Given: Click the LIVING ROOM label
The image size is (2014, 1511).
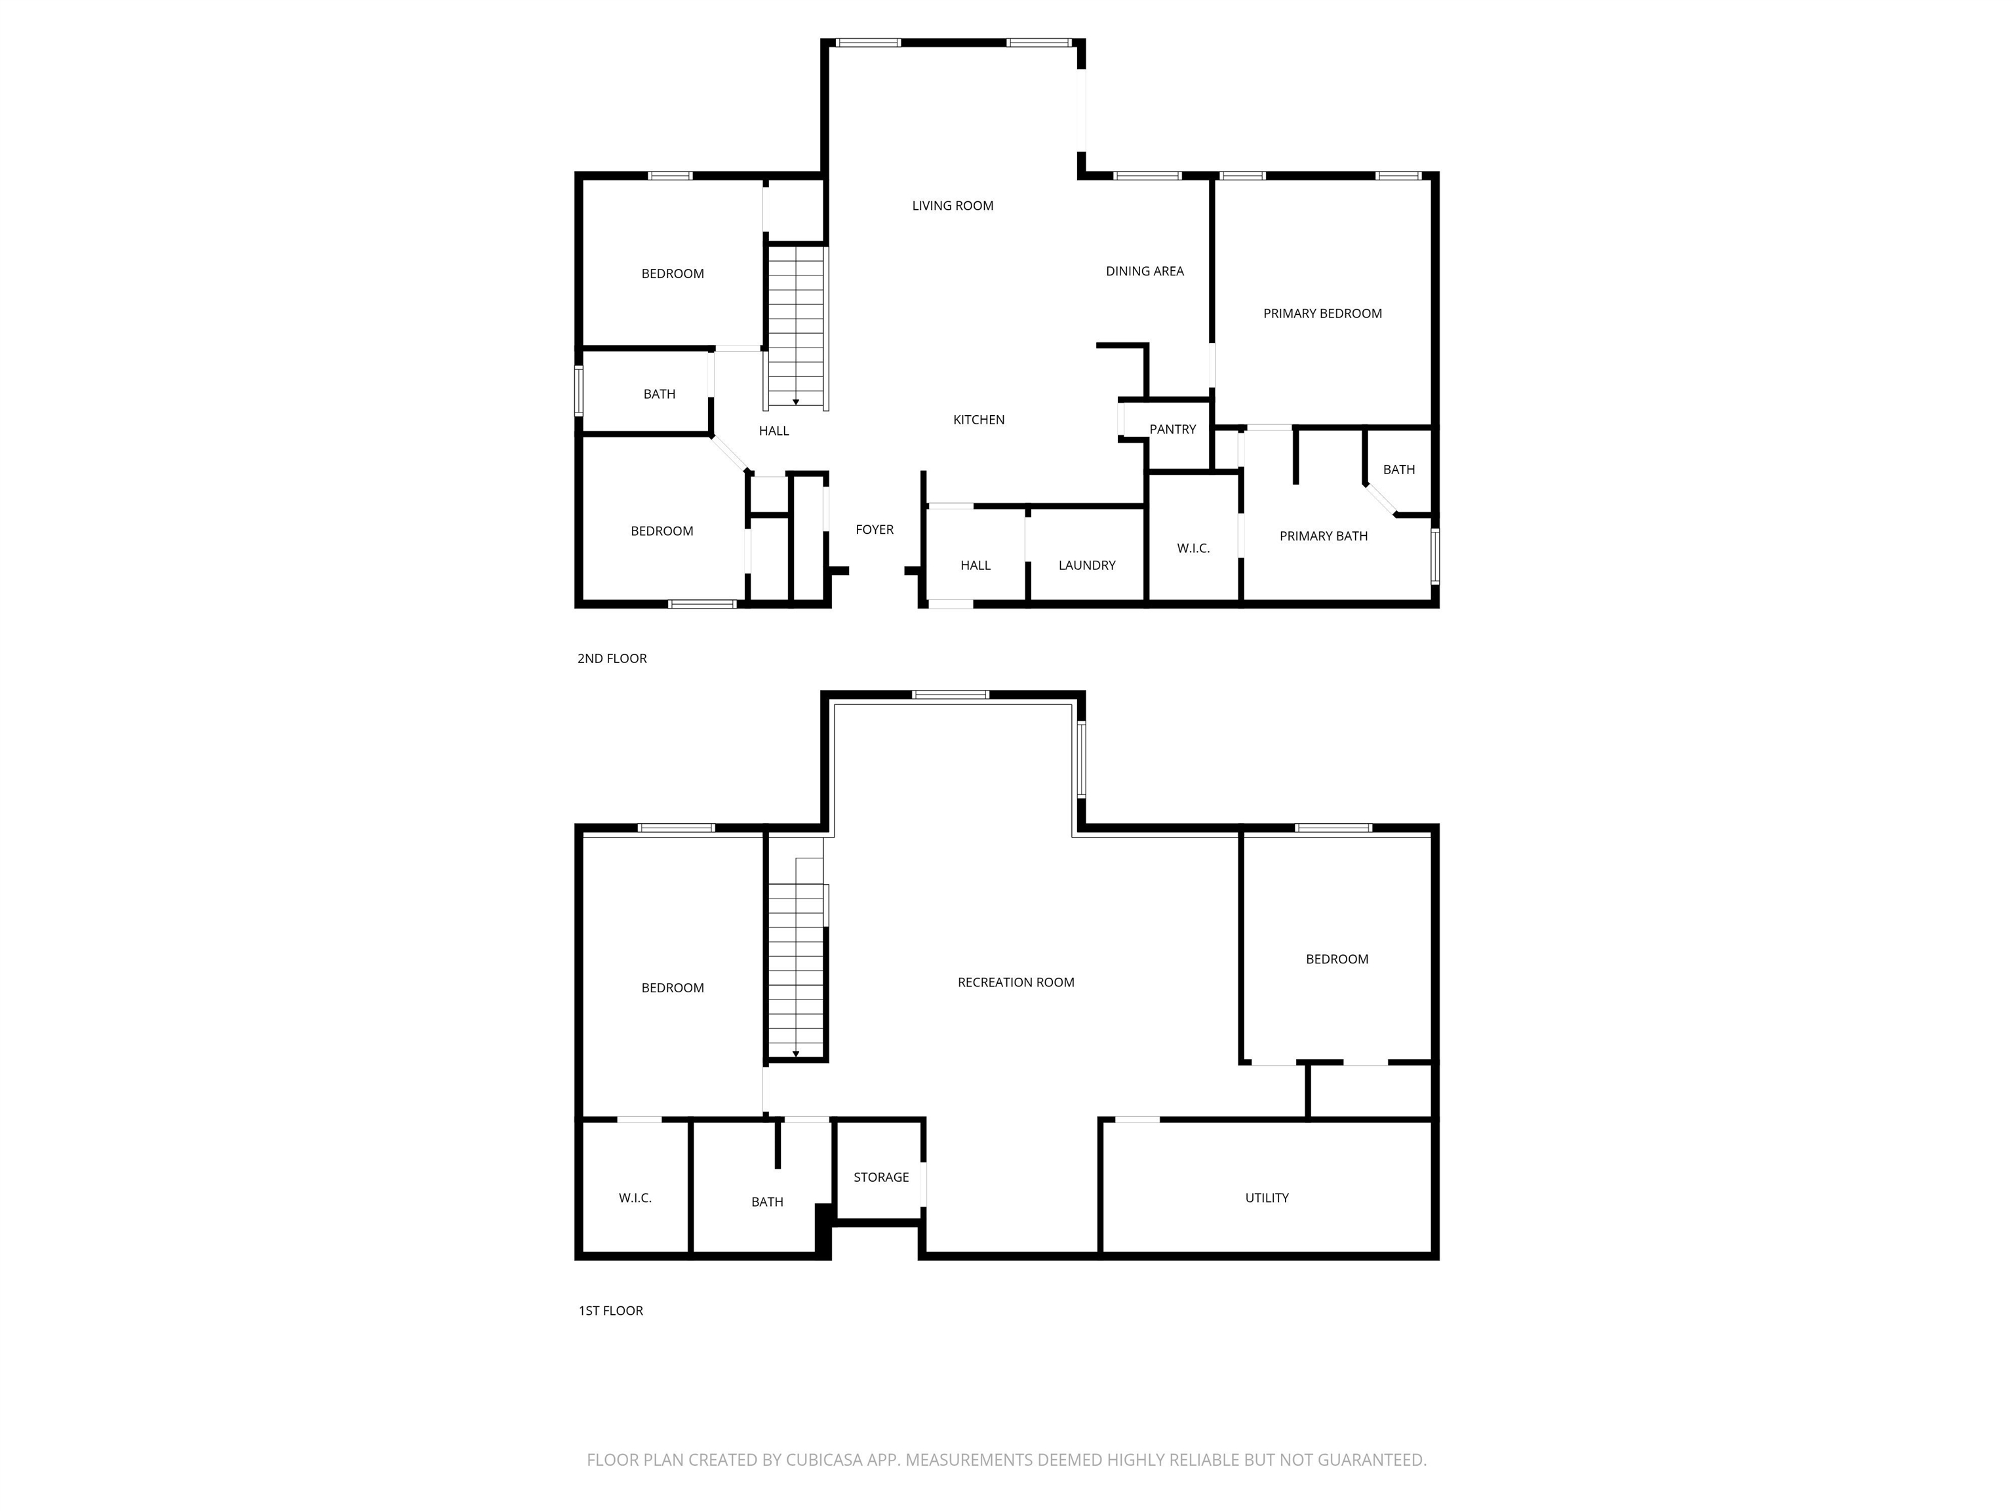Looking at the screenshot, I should point(953,206).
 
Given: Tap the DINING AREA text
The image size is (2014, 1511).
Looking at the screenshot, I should point(1145,272).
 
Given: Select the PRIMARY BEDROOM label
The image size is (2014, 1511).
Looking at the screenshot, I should point(1322,313).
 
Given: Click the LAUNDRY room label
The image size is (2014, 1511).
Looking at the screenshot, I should point(1086,565).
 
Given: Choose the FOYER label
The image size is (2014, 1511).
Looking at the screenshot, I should point(874,530).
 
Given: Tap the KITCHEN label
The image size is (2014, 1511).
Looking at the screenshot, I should point(979,420).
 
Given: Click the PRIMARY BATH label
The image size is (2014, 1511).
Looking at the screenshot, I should point(1323,536).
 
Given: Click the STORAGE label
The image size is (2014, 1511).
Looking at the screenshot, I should point(880,1178).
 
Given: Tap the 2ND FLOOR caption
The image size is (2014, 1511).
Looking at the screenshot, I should point(612,658).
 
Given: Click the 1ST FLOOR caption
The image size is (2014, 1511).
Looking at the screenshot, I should point(610,1310).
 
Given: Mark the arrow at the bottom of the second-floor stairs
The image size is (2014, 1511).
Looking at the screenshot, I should point(796,401).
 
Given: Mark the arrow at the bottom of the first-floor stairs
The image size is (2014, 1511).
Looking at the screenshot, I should point(796,1054).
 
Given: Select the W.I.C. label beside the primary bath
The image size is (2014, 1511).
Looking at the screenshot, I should point(1193,548).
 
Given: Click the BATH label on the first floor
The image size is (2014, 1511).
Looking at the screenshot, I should point(766,1202).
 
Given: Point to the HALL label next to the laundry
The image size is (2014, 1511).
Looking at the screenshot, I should point(975,565).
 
